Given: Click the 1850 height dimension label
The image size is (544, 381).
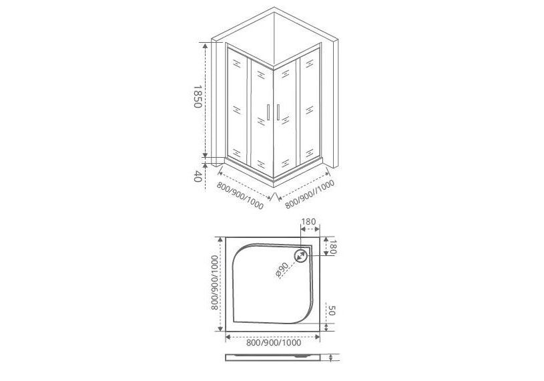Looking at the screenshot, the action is pyautogui.click(x=198, y=96).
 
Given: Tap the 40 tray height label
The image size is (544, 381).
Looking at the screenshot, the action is pyautogui.click(x=198, y=176).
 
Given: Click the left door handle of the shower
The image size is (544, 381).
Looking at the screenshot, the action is pyautogui.click(x=268, y=112).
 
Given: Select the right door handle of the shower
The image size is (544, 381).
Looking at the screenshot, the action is pyautogui.click(x=278, y=112).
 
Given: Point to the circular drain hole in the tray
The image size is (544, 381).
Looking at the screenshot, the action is pyautogui.click(x=300, y=256).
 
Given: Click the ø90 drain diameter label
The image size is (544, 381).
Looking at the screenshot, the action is pyautogui.click(x=282, y=270).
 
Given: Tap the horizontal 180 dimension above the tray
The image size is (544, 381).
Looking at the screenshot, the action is pyautogui.click(x=308, y=221).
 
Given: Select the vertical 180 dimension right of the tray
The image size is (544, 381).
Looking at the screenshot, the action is pyautogui.click(x=332, y=247).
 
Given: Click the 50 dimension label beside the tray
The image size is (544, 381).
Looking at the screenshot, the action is pyautogui.click(x=331, y=311).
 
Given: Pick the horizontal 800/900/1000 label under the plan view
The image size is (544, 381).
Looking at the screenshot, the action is pyautogui.click(x=274, y=343).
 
